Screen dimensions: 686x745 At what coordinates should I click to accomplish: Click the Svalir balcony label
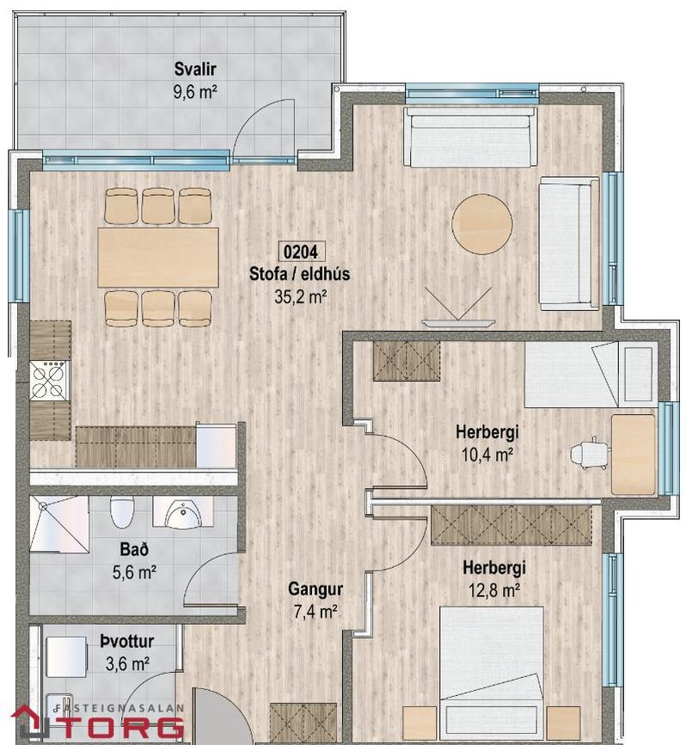195,70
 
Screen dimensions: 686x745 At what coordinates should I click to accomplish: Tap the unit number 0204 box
301,252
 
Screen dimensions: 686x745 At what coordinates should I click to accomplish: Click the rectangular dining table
158,257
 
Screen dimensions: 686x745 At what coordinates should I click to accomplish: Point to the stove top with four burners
49,381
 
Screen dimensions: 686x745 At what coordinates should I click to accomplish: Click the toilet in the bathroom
122,511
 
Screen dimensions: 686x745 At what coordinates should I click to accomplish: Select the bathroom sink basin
183,514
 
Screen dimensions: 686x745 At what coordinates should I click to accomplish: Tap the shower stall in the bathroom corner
59,525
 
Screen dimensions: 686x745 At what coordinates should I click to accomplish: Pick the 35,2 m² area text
301,297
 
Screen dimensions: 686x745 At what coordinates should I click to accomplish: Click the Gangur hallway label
315,589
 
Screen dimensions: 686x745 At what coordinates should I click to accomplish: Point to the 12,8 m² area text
494,590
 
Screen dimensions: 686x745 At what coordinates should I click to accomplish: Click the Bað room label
134,550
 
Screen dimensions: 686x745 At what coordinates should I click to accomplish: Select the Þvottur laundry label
127,641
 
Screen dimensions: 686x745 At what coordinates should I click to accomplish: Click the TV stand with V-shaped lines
458,307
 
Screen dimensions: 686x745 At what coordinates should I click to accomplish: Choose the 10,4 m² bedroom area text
487,455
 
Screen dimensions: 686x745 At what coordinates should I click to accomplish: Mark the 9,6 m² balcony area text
195,91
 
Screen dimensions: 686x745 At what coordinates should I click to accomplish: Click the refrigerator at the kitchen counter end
217,445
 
